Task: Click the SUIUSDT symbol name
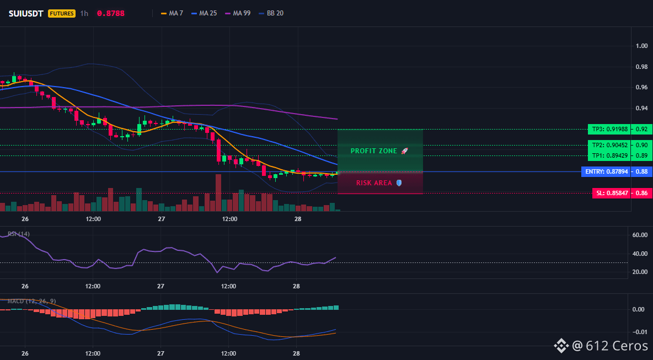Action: [x=26, y=13]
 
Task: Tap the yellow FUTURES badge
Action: [x=62, y=13]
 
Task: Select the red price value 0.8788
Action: [x=111, y=13]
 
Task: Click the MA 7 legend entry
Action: [x=172, y=13]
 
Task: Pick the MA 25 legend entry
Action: [x=204, y=13]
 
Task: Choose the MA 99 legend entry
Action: [x=238, y=13]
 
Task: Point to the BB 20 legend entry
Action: [x=271, y=13]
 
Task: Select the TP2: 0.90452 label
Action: [x=609, y=145]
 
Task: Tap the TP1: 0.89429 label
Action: [x=609, y=155]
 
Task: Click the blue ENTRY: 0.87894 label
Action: [x=606, y=171]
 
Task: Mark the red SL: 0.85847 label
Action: [x=611, y=193]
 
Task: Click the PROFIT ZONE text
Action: [x=374, y=151]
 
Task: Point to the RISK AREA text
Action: [x=374, y=182]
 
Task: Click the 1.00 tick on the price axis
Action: [x=642, y=46]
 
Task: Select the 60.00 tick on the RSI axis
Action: [x=640, y=235]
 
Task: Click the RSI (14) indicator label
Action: [x=19, y=234]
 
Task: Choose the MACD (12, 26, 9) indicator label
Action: [x=31, y=301]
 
